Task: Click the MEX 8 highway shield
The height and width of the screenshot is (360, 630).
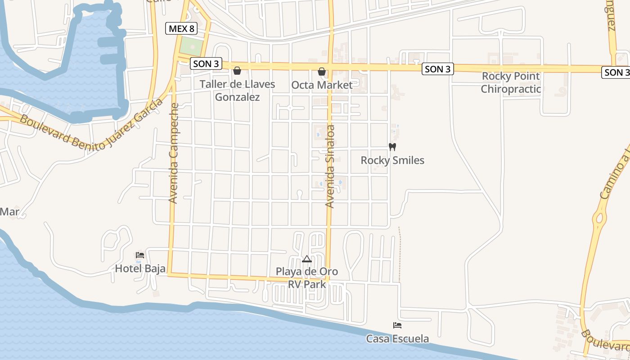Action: (182, 29)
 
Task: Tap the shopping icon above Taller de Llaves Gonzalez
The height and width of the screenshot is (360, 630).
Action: (237, 71)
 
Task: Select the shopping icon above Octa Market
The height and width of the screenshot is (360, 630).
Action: (322, 72)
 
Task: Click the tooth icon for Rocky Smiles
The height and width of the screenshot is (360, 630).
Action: (392, 147)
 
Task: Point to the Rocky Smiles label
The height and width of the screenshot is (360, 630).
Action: (392, 160)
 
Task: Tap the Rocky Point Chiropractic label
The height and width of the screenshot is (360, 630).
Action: (511, 82)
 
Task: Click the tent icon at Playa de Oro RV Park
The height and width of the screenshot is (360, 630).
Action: (307, 259)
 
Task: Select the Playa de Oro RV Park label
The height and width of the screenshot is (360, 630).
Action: (307, 278)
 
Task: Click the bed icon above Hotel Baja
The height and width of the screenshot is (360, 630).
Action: (140, 255)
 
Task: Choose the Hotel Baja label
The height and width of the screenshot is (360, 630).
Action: (140, 269)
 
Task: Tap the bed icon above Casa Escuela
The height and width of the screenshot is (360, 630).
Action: (397, 325)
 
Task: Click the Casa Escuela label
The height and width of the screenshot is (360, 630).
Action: (397, 338)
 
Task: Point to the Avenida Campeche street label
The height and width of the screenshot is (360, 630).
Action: (174, 153)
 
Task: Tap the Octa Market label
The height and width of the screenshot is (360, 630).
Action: (322, 85)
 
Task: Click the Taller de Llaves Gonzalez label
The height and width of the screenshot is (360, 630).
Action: (237, 90)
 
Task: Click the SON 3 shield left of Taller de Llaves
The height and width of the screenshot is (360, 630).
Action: (206, 64)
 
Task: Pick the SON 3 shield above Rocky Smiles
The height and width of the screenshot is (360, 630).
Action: (437, 69)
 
